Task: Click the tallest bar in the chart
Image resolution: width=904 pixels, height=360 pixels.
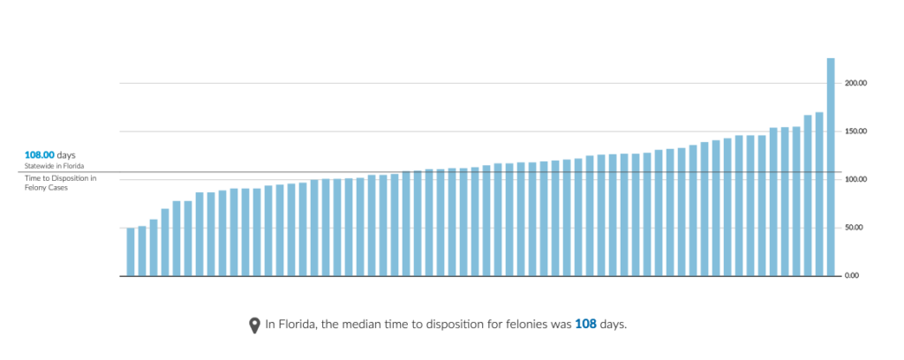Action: click(x=831, y=168)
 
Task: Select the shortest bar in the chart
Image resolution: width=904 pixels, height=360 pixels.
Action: click(x=131, y=252)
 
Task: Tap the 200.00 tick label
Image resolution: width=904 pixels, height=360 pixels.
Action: click(x=855, y=83)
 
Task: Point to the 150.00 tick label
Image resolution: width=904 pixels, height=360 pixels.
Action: click(x=855, y=131)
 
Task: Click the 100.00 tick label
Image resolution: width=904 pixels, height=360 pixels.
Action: click(x=855, y=179)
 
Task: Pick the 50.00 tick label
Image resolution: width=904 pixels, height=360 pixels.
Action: click(x=856, y=228)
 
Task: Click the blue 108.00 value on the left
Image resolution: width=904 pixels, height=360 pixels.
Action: click(x=40, y=154)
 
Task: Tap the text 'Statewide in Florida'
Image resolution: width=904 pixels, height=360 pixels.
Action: click(x=55, y=166)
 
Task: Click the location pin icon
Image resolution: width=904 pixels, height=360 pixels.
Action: click(x=255, y=325)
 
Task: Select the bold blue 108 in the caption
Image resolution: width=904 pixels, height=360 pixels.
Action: click(x=585, y=325)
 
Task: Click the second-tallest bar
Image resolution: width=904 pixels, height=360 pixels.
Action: click(x=819, y=194)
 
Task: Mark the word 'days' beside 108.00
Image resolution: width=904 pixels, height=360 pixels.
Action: click(x=67, y=154)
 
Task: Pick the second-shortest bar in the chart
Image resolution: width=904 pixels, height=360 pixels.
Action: click(x=142, y=251)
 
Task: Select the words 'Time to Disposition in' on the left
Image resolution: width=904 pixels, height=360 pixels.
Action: click(x=60, y=178)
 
